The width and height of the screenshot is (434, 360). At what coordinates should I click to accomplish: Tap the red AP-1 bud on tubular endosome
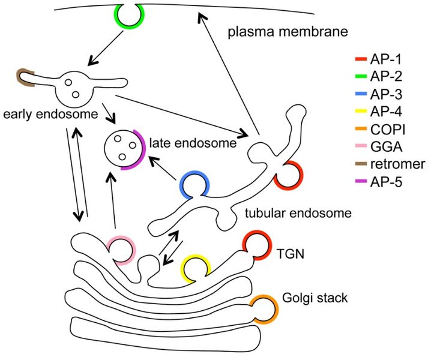pyautogui.click(x=288, y=175)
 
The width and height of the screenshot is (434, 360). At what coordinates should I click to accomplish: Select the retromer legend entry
pyautogui.click(x=390, y=163)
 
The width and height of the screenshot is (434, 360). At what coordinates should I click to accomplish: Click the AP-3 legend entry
pyautogui.click(x=384, y=94)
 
